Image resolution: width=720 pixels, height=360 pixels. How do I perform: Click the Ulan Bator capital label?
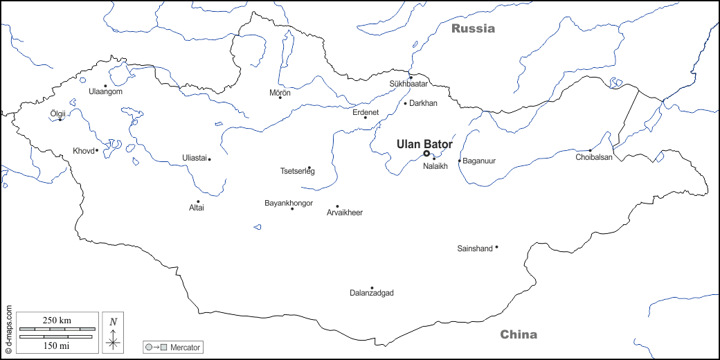[424, 144]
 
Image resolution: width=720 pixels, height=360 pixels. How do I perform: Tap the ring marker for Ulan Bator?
[426, 154]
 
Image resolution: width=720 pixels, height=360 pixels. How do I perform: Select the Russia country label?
[474, 29]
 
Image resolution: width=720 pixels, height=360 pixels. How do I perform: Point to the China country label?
[519, 335]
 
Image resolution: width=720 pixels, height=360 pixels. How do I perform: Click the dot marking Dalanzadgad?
[372, 288]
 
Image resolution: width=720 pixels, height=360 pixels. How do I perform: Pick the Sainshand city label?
[474, 249]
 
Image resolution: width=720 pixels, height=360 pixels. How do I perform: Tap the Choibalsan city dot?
[590, 150]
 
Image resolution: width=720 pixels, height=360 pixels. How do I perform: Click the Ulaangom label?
[105, 91]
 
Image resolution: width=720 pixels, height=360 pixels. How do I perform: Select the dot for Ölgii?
[60, 120]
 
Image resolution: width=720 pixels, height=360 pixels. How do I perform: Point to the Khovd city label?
[82, 151]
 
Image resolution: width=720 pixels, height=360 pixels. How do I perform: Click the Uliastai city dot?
[209, 159]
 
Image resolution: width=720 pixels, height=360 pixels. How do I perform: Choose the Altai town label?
[197, 208]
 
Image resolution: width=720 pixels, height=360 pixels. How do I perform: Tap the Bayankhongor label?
[289, 203]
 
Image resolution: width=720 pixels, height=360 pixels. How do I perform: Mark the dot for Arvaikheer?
[337, 206]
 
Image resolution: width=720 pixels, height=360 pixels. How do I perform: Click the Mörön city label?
[280, 92]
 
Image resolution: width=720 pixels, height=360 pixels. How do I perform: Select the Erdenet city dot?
[366, 118]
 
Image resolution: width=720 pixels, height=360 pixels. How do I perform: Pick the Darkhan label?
[424, 103]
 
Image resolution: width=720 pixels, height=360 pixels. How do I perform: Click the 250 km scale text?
[57, 321]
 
